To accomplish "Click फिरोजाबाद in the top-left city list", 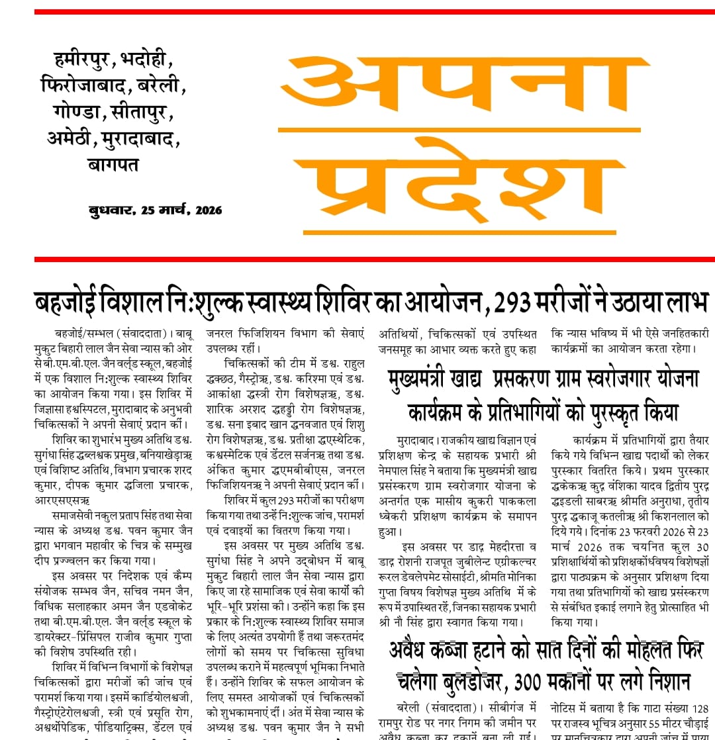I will (x=84, y=87).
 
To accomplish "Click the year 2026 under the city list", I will (x=207, y=210).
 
